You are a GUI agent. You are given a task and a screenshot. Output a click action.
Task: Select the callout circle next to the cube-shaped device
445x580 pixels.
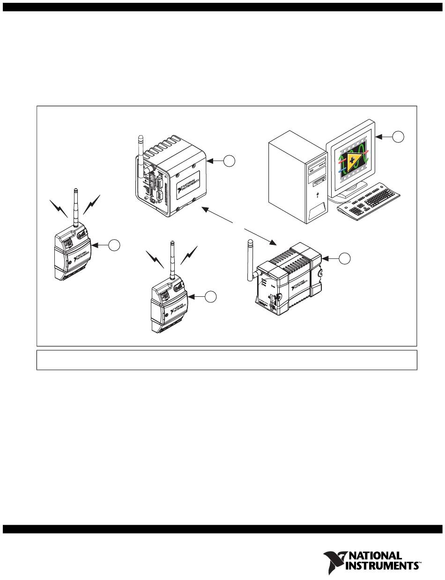pos(229,161)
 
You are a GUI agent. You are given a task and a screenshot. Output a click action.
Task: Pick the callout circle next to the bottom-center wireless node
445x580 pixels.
pos(211,296)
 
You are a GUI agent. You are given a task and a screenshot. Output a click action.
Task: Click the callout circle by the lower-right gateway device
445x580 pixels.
pos(344,258)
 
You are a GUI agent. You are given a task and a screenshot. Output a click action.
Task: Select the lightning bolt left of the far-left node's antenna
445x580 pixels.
pos(59,208)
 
